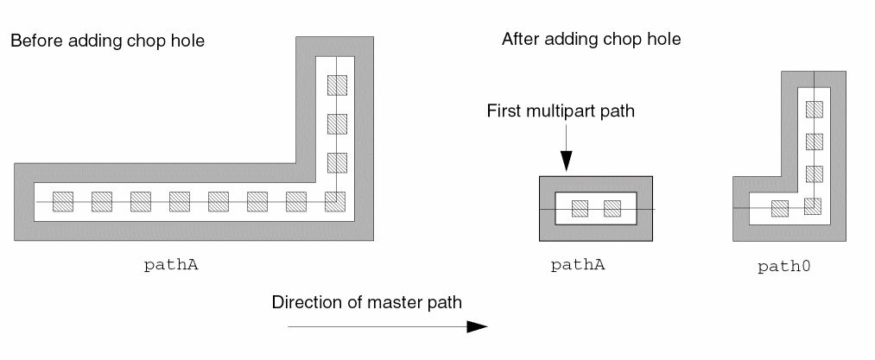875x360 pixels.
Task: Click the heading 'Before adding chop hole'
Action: (x=107, y=41)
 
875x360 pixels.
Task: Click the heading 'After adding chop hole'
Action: (x=592, y=40)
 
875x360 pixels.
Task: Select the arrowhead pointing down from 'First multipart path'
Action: (x=566, y=160)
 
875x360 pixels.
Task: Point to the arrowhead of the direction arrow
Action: (x=478, y=327)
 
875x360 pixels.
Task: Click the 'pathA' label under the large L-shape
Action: (x=170, y=265)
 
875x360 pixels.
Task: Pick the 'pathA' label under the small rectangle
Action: (x=578, y=264)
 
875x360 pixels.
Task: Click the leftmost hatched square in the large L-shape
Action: (x=63, y=201)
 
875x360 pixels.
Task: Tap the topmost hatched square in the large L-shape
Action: (x=336, y=85)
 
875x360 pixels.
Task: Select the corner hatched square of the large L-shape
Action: (x=336, y=201)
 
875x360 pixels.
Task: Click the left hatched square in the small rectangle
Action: (x=580, y=208)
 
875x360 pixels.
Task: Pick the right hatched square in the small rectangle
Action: (x=612, y=208)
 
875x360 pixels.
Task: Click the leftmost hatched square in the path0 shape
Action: (x=780, y=208)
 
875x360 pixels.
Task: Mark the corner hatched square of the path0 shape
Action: (x=813, y=205)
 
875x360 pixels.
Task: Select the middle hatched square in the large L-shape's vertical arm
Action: (x=336, y=123)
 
